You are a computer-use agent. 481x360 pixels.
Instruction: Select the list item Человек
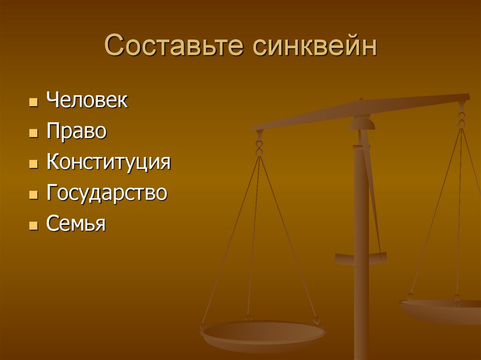tap(87, 101)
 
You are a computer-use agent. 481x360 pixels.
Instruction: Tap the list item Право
tap(77, 132)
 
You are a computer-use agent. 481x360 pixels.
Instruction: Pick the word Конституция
tap(109, 162)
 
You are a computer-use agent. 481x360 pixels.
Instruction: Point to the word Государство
tap(107, 193)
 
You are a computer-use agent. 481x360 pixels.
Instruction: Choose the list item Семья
tap(76, 224)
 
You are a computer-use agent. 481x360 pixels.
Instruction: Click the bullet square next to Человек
tap(33, 102)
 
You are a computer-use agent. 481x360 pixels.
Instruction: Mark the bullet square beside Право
tap(33, 133)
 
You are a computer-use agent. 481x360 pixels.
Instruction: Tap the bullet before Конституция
tap(33, 164)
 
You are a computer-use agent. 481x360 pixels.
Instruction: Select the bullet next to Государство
tap(33, 195)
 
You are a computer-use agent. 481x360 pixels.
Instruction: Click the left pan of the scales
tap(263, 334)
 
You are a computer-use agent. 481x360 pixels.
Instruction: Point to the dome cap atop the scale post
tap(362, 123)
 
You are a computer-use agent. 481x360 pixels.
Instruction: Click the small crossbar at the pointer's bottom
tap(361, 258)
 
